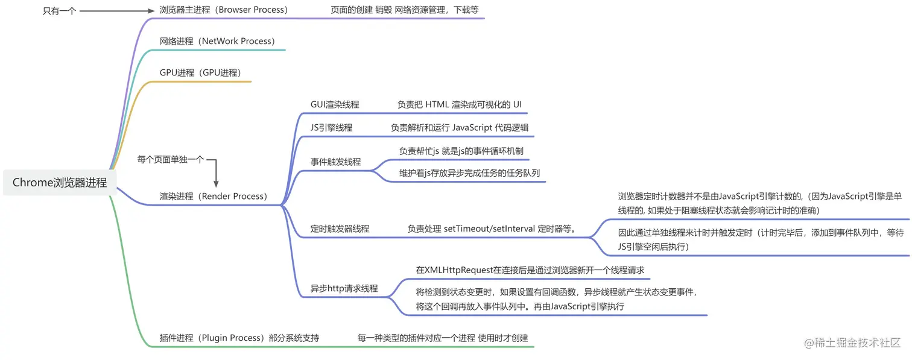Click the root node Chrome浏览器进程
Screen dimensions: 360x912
60,182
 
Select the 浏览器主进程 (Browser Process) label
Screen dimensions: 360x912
223,10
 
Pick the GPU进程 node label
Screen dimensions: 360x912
200,72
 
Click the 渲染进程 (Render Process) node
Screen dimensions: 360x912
213,196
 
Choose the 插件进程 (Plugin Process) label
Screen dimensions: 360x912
239,338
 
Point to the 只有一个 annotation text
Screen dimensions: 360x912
59,10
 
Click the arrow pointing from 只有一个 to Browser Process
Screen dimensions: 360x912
117,10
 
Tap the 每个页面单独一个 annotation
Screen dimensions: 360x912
171,160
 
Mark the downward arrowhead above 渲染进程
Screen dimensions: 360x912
216,183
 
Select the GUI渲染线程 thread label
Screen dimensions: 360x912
335,104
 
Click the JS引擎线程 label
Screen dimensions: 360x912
331,127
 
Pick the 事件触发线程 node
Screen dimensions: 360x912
335,162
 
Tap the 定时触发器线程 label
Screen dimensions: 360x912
340,229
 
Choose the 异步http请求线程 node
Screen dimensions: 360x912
344,288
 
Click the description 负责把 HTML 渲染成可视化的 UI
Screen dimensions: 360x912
459,104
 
